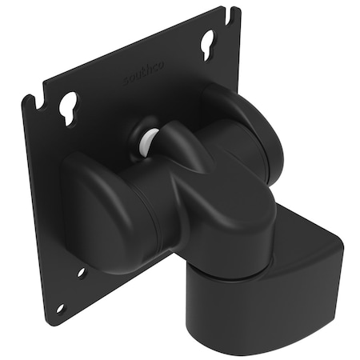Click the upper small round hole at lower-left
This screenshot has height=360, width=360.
[82, 272]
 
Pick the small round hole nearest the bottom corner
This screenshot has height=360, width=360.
[60, 308]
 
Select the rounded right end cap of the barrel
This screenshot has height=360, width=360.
[260, 132]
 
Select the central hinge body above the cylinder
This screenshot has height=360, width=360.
[216, 216]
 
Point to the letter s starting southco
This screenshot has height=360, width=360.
[126, 83]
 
